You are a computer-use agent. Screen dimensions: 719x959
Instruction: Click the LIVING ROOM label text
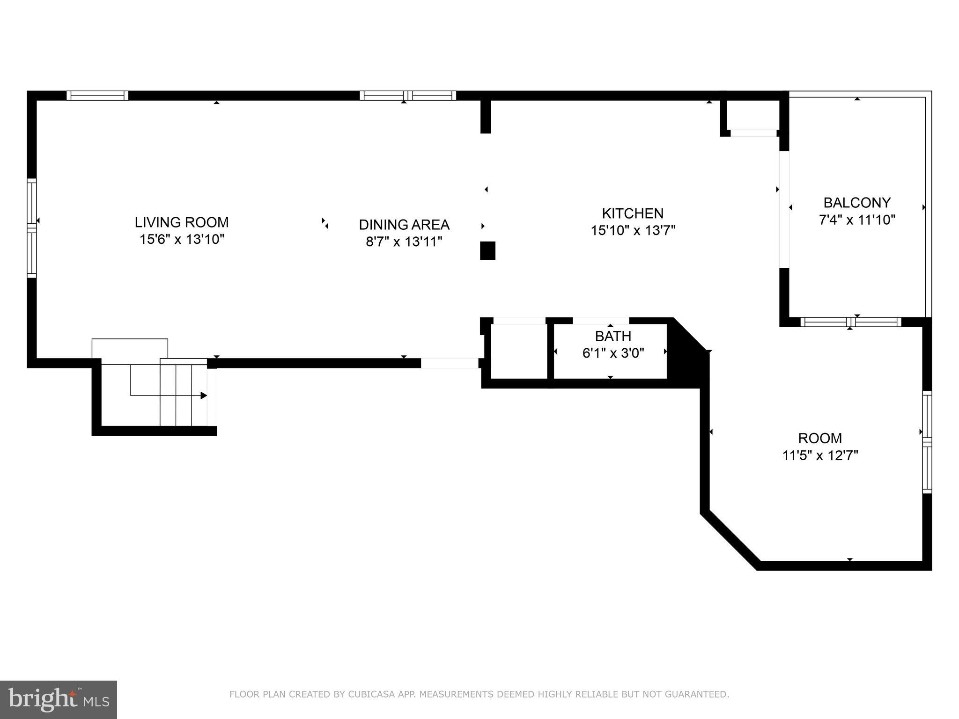[x=182, y=222]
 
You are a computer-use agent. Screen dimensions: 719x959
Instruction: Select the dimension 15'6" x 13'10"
[x=182, y=240]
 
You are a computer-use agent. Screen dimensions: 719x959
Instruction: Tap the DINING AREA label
[x=404, y=225]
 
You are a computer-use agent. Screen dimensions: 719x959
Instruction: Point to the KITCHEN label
[x=633, y=213]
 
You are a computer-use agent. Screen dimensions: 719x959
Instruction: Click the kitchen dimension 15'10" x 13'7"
[x=633, y=231]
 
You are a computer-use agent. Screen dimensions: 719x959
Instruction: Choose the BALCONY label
[x=857, y=203]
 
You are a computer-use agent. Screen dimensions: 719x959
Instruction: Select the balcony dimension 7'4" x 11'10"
[x=857, y=220]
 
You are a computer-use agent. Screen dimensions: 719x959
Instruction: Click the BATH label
[x=613, y=336]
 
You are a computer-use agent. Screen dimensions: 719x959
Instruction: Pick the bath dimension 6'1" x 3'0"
[x=613, y=353]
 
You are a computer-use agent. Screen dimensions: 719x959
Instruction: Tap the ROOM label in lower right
[x=820, y=438]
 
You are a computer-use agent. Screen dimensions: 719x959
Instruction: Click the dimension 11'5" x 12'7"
[x=820, y=455]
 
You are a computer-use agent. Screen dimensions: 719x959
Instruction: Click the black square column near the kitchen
[x=487, y=250]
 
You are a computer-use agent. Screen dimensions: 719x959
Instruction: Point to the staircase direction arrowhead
[x=204, y=396]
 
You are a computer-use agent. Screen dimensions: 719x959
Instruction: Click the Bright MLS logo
[x=59, y=699]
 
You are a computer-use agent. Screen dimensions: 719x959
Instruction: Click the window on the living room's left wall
[x=31, y=228]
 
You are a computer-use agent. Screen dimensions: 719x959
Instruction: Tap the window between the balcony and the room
[x=850, y=322]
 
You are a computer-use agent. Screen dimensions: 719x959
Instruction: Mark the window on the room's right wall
[x=927, y=442]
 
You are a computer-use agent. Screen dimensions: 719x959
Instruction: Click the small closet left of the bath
[x=518, y=351]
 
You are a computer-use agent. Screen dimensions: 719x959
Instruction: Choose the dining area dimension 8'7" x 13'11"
[x=404, y=242]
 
